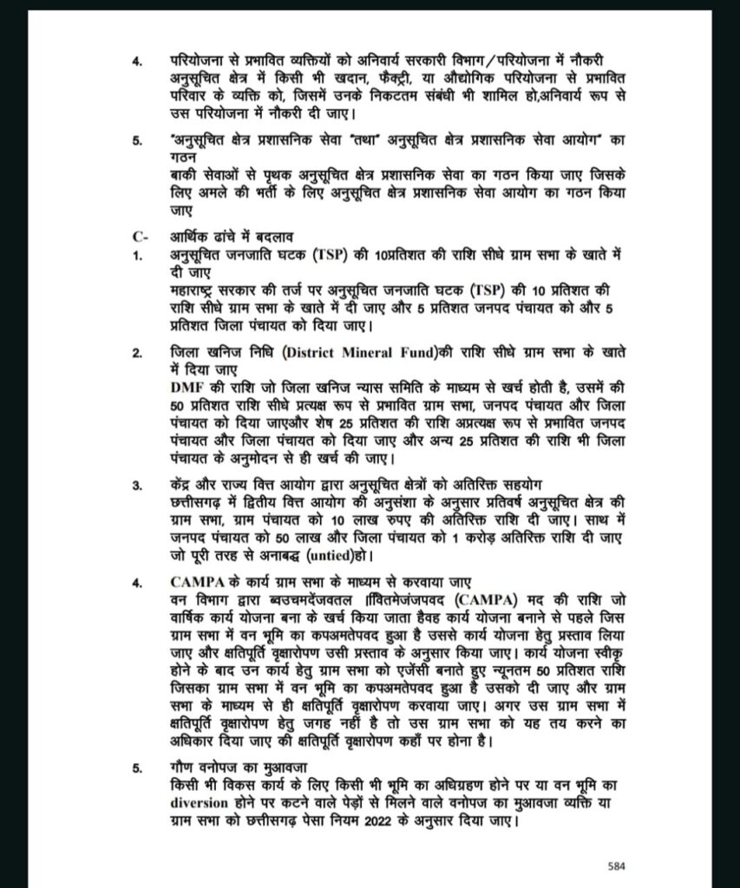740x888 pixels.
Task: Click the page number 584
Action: [615, 865]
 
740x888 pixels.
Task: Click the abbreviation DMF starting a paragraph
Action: [187, 384]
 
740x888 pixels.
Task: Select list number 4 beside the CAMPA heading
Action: [136, 582]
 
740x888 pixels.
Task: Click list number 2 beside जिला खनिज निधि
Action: [136, 354]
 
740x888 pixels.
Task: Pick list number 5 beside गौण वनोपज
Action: [136, 770]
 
